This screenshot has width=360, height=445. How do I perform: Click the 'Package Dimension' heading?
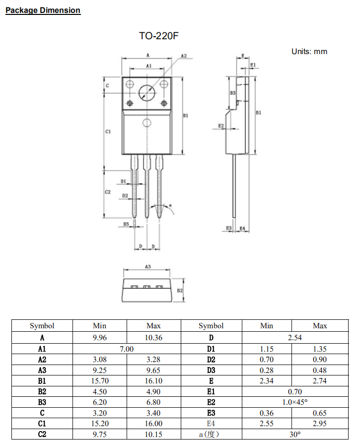tap(43, 10)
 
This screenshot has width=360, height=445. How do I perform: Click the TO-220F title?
tap(158, 37)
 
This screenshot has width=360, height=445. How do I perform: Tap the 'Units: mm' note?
tap(309, 52)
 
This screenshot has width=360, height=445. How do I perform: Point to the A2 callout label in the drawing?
tap(183, 56)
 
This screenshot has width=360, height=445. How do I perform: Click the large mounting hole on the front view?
tap(147, 92)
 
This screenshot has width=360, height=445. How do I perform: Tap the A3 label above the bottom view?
tap(147, 267)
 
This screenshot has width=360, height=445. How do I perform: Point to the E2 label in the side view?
tap(221, 126)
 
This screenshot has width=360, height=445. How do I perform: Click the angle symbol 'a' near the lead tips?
tap(170, 205)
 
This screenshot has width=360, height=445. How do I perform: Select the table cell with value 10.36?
tap(153, 337)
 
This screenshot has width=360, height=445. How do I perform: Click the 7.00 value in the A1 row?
tap(127, 349)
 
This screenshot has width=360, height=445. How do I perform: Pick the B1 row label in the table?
tap(42, 381)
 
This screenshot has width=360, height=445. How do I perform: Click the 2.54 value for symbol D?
tap(295, 337)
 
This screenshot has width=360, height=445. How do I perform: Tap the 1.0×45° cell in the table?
tap(295, 402)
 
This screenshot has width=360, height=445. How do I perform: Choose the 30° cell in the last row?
tap(295, 435)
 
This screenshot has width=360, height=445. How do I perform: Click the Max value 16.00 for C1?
tap(153, 424)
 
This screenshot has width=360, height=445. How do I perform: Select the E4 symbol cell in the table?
tap(211, 424)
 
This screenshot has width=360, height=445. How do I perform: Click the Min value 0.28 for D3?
tap(267, 370)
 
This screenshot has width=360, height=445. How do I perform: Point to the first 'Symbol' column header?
tap(42, 326)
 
